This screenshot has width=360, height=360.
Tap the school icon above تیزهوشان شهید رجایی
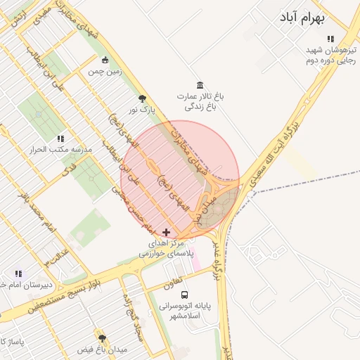[330, 39]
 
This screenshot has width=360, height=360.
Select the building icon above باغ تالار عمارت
[200, 85]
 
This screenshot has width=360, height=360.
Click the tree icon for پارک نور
[143, 99]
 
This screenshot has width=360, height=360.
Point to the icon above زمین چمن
[105, 60]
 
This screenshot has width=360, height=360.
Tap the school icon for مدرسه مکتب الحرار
[60, 139]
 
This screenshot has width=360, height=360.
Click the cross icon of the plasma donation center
[166, 232]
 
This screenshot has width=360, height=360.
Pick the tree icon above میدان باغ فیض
[102, 338]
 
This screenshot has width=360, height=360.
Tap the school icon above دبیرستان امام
[18, 274]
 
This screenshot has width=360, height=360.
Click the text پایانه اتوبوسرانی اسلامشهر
[184, 311]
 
